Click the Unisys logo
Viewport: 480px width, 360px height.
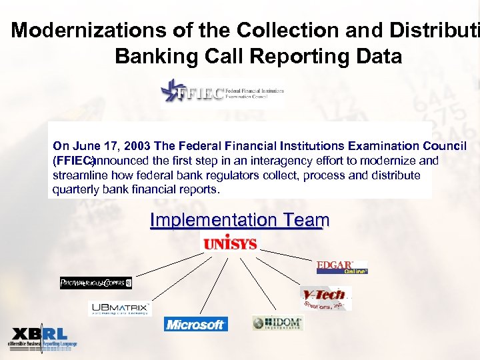pyautogui.click(x=229, y=243)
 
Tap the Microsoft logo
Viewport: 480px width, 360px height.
pyautogui.click(x=196, y=324)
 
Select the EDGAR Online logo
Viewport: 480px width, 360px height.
pyautogui.click(x=342, y=267)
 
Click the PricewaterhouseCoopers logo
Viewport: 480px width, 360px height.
pyautogui.click(x=96, y=283)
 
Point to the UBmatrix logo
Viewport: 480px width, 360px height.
pyautogui.click(x=121, y=309)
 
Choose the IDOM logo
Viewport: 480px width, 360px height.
pyautogui.click(x=278, y=323)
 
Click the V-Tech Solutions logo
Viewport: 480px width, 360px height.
pyautogui.click(x=325, y=297)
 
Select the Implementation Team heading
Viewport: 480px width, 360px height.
pyautogui.click(x=239, y=220)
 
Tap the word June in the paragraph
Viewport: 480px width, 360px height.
pyautogui.click(x=85, y=146)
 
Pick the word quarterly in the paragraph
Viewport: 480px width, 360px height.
pyautogui.click(x=75, y=189)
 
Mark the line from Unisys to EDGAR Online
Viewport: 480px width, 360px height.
pyautogui.click(x=288, y=255)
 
